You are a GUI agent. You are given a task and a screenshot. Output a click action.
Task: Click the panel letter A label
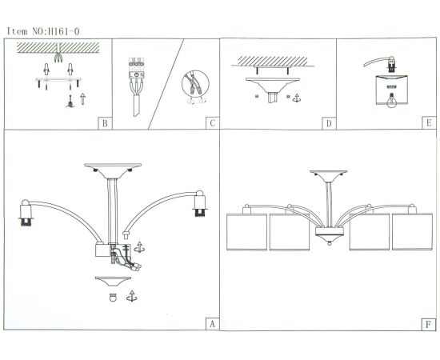212,324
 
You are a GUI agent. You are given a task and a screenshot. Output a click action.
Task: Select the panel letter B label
105,123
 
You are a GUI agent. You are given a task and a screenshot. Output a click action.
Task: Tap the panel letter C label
212,123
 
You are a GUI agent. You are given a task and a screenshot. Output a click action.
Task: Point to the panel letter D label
329,123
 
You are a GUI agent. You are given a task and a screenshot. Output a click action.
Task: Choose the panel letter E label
429,123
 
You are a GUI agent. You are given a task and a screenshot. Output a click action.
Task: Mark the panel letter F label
428,324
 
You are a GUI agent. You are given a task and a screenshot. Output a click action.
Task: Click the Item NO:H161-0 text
43,31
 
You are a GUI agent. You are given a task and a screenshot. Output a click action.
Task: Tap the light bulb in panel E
391,100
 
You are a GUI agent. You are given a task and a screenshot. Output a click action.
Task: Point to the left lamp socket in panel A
26,213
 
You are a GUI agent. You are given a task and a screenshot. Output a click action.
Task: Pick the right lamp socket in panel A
199,203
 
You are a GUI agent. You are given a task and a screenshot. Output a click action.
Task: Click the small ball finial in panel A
113,298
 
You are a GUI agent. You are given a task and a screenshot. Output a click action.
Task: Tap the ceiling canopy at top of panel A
113,170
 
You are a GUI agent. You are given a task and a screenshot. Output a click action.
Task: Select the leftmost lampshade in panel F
246,232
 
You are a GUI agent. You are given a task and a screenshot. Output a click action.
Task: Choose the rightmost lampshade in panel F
412,231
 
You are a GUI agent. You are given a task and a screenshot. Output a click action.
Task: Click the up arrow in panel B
82,98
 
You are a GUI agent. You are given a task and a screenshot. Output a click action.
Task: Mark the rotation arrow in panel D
296,98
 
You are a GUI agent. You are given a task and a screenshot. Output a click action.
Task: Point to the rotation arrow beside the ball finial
132,296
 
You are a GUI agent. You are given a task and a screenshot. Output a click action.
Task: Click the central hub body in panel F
329,231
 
